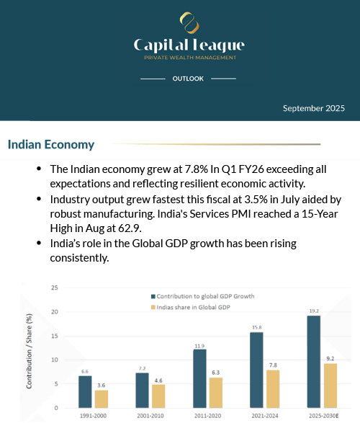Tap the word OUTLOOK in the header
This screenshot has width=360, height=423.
click(x=188, y=78)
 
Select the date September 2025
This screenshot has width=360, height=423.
click(x=314, y=108)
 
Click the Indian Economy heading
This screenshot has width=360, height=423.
click(x=51, y=145)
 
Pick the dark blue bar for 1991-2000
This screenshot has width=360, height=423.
click(x=85, y=391)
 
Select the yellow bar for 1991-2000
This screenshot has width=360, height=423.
click(x=102, y=398)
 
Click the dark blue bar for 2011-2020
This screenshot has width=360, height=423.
click(x=199, y=378)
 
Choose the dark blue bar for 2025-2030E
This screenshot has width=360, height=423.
click(x=313, y=361)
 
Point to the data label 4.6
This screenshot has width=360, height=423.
click(x=158, y=380)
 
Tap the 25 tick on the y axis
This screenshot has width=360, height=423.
click(x=54, y=288)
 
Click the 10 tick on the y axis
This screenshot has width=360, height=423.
click(x=54, y=360)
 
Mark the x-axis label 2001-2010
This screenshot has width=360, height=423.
click(x=150, y=416)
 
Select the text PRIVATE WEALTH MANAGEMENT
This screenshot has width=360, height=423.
click(x=188, y=58)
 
